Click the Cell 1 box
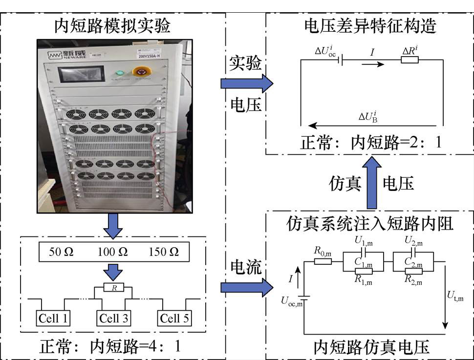pos(53,318)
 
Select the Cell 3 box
pos(114,318)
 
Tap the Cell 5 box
pos(174,318)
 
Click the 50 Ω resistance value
pos(61,252)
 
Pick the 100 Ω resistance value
pos(112,252)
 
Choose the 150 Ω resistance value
pos(164,252)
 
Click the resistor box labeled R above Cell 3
pos(114,287)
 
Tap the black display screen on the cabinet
pos(81,74)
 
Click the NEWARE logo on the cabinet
pos(67,55)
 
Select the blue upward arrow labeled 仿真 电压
pos(372,182)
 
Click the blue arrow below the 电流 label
pos(247,287)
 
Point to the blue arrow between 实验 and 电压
pos(247,84)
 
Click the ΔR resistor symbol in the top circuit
pos(409,60)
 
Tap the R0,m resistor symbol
pos(323,261)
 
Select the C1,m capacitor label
pos(364,262)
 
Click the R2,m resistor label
pos(413,280)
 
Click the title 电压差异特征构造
pos(370,26)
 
